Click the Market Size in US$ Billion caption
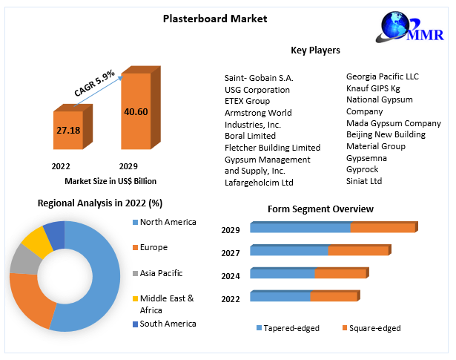[110, 181]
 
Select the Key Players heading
[315, 50]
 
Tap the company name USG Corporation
[257, 89]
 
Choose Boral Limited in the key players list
[250, 136]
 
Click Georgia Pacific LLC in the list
[382, 76]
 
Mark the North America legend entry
[168, 221]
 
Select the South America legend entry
[168, 324]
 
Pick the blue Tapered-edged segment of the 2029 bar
[300, 228]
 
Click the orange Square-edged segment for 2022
[333, 297]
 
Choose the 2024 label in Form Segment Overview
[231, 276]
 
